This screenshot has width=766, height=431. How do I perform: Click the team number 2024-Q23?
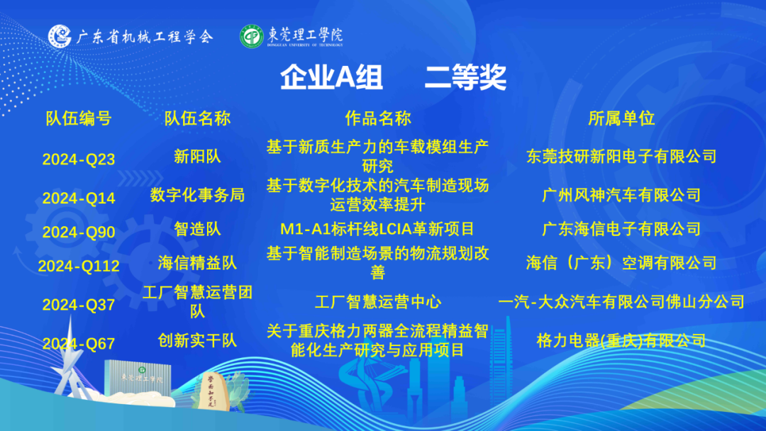(79, 159)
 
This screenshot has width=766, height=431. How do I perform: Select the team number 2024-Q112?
(79, 266)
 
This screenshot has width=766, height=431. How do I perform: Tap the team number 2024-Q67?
(79, 344)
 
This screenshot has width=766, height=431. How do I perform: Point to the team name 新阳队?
(197, 156)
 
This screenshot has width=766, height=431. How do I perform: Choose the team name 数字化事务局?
(197, 195)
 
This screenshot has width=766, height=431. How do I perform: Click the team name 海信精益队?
(197, 262)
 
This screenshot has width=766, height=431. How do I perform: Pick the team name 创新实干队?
(197, 340)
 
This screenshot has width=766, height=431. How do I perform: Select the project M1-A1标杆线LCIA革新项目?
(377, 228)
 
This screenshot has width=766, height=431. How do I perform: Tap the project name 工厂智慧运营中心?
(377, 302)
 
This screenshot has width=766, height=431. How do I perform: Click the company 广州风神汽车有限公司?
(621, 195)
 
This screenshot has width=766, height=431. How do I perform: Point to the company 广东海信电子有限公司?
(621, 228)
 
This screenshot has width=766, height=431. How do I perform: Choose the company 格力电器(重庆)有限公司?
(621, 340)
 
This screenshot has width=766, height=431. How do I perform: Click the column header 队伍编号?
(79, 118)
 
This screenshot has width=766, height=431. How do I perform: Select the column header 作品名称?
(378, 118)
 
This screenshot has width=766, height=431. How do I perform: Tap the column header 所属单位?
(621, 118)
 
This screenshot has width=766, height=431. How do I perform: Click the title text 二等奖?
(465, 77)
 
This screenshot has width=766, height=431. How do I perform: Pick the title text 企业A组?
(331, 77)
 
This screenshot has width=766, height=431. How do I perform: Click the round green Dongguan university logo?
(252, 37)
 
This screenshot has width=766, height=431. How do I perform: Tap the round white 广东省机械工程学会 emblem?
(60, 36)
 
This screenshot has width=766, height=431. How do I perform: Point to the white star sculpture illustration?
(70, 362)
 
